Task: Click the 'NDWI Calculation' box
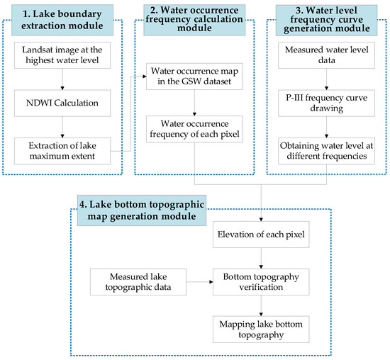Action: click(62, 103)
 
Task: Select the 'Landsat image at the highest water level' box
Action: click(62, 55)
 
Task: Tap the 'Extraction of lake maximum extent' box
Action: click(62, 151)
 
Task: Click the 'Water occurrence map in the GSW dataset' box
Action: click(194, 77)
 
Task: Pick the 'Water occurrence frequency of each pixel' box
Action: click(194, 129)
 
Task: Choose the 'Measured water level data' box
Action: click(326, 55)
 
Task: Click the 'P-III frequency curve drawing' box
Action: click(326, 103)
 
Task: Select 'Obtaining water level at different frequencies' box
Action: click(326, 151)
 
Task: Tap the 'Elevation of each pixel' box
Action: click(261, 235)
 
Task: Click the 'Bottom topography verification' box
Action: click(261, 282)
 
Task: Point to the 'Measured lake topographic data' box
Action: click(138, 282)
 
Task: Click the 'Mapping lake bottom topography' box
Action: click(261, 330)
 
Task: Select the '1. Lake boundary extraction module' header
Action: click(62, 20)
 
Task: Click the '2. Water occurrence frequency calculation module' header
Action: click(194, 20)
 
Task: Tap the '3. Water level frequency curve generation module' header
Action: click(326, 21)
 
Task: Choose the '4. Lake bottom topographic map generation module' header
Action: click(142, 210)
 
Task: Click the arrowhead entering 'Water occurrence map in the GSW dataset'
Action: click(145, 77)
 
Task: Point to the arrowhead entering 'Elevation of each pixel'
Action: click(261, 220)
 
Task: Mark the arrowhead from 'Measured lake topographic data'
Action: click(211, 282)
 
